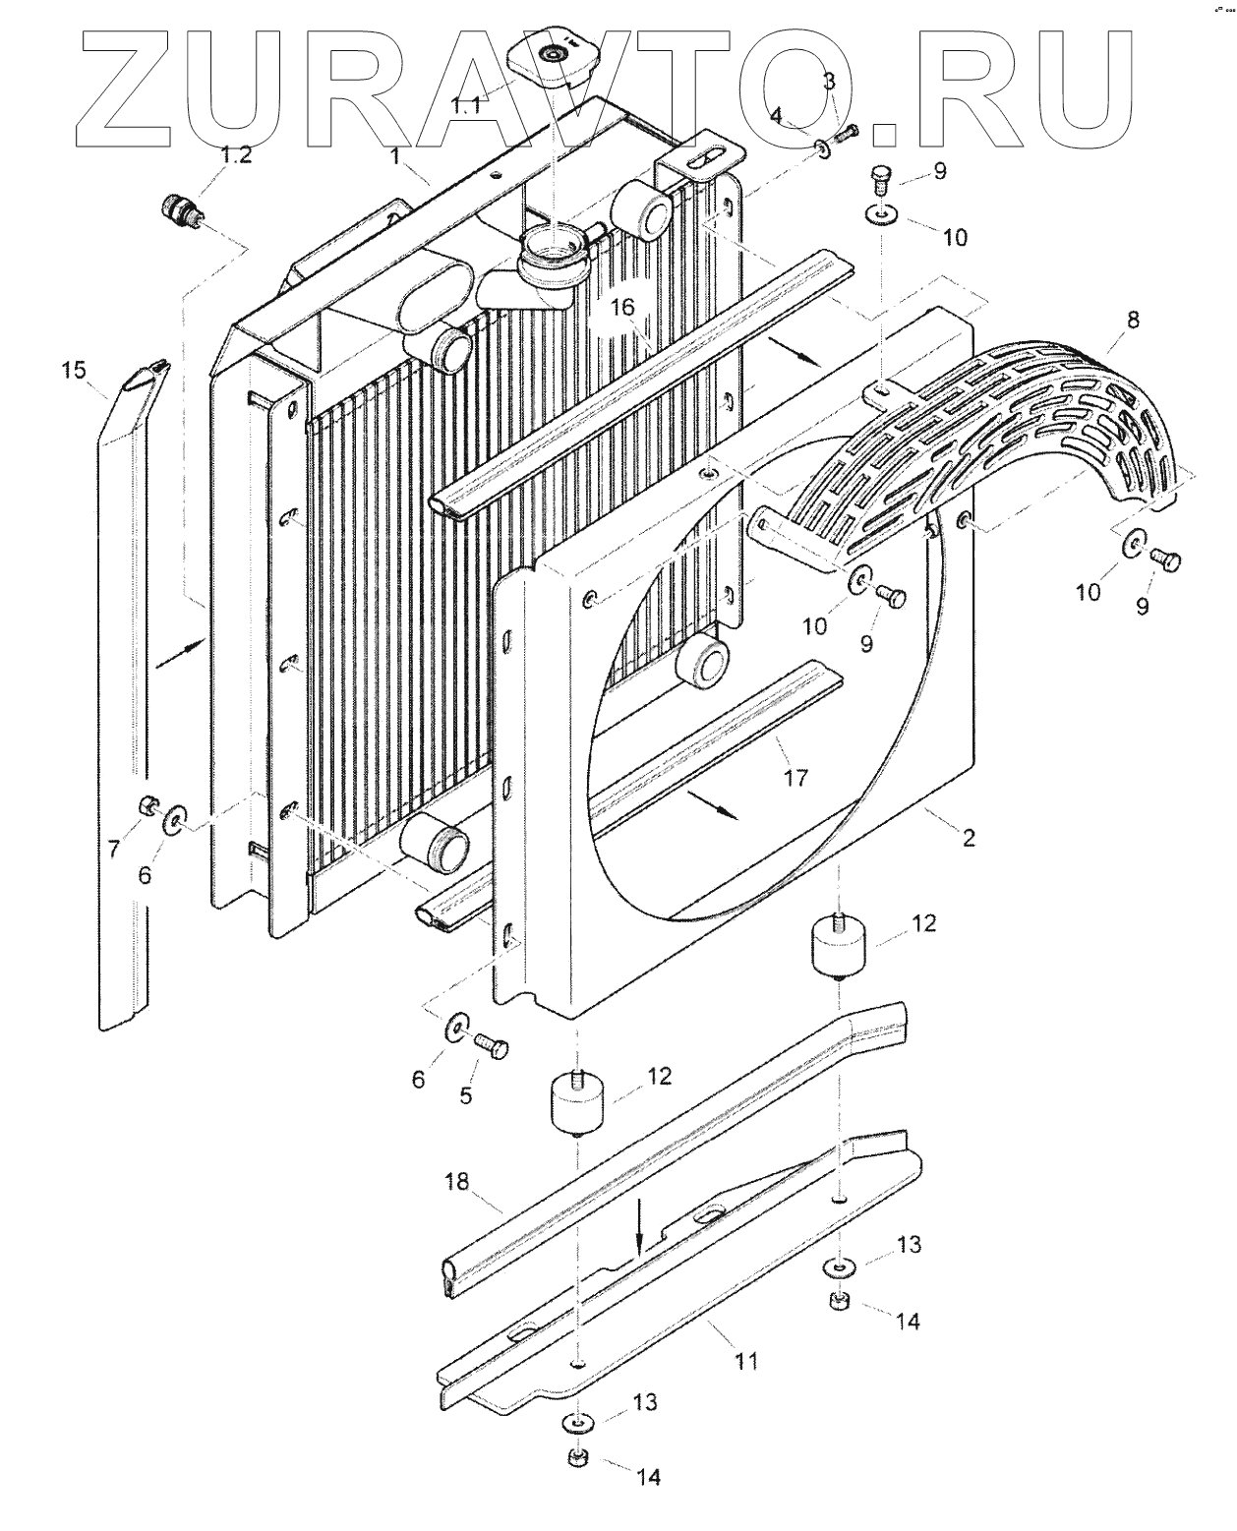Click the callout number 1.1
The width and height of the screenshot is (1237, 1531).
coord(465,104)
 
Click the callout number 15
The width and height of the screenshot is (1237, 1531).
coord(74,370)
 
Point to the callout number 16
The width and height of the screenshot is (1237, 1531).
coord(622,309)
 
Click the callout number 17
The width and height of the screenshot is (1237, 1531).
coord(795,778)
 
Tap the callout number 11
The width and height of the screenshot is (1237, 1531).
coord(747,1362)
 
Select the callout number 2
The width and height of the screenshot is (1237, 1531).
coord(969,838)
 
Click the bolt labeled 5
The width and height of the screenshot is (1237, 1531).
coord(491,1045)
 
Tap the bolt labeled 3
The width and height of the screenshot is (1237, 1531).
coord(847,132)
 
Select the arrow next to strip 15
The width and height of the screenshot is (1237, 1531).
coord(178,653)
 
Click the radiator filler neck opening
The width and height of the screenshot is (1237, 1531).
coord(551,241)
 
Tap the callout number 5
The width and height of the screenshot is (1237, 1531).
coord(466,1094)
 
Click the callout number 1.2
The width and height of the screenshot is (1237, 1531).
coord(235,154)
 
